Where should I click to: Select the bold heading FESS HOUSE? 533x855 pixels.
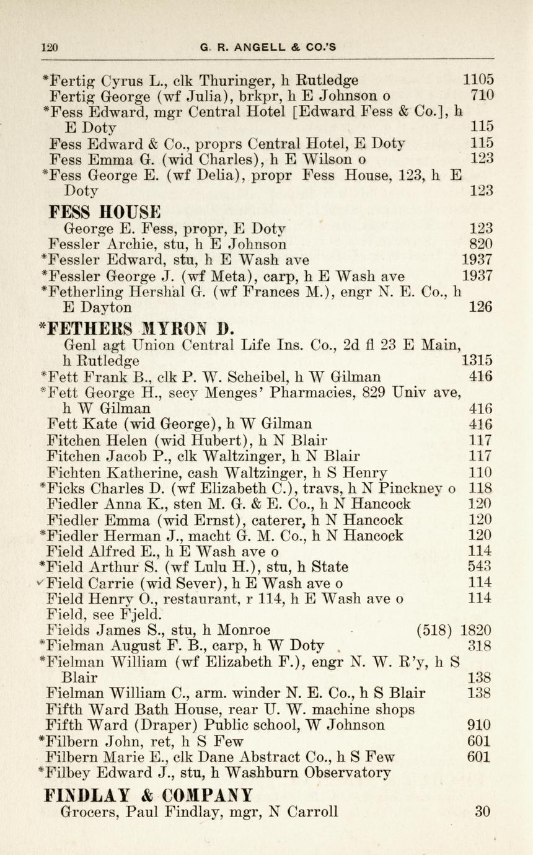[x=104, y=211]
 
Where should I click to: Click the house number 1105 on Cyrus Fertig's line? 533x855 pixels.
[x=478, y=80]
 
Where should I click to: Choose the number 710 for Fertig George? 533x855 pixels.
[x=482, y=95]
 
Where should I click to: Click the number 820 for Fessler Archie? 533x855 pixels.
[x=482, y=244]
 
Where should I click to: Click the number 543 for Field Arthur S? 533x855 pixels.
[x=481, y=566]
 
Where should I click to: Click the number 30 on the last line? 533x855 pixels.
[x=483, y=810]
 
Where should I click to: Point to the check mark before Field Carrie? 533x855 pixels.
[x=40, y=580]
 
